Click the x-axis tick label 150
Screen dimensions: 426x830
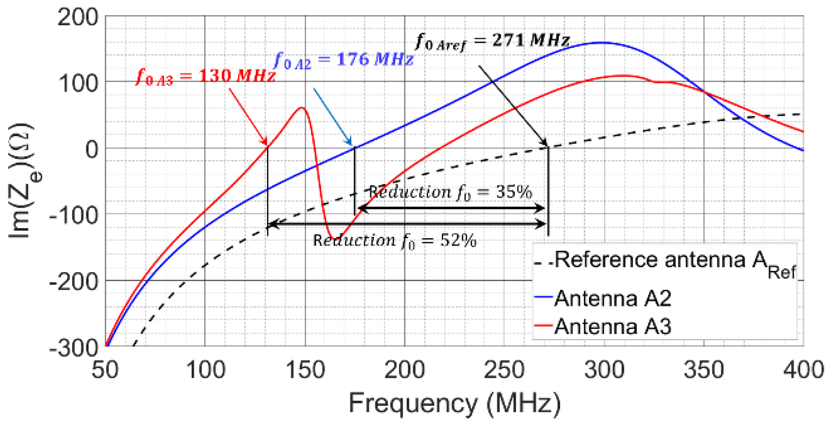pyautogui.click(x=305, y=370)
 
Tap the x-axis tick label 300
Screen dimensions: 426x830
pyautogui.click(x=604, y=370)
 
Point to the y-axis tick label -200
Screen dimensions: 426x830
pyautogui.click(x=74, y=281)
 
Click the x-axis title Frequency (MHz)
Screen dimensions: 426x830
pyautogui.click(x=454, y=403)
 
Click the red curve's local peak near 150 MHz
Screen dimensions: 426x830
pyautogui.click(x=302, y=108)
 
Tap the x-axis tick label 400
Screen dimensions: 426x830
pyautogui.click(x=803, y=370)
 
